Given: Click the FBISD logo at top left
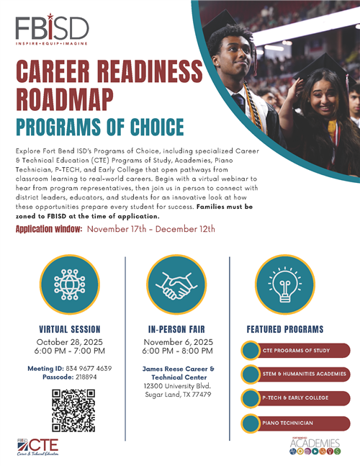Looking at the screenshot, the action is point(52,30).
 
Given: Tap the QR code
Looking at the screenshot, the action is point(73,410).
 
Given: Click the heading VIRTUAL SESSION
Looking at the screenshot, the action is point(71,329).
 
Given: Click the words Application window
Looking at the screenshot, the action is point(49,229).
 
